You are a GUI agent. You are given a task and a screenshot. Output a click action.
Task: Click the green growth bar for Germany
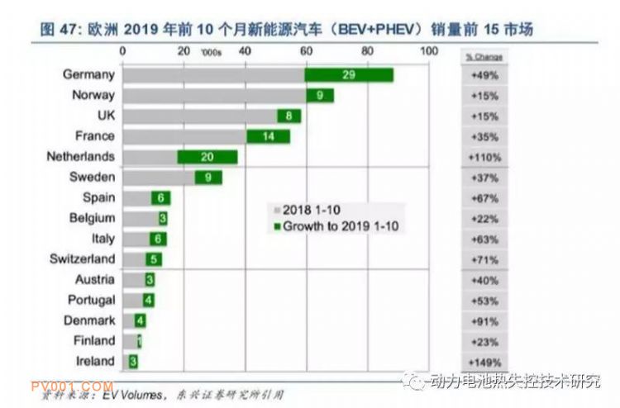click(348, 75)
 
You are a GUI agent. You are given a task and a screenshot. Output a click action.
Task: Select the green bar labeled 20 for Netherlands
click(207, 157)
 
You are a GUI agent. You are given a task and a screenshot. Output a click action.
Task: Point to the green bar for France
click(268, 136)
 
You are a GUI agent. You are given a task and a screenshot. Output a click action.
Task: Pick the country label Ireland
click(94, 361)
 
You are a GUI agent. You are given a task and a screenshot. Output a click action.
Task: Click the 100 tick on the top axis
click(428, 51)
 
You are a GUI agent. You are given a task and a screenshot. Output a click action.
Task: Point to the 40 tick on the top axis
click(245, 51)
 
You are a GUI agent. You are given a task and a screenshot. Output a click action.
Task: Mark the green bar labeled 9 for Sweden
click(207, 178)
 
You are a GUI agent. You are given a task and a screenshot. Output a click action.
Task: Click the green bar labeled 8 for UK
click(289, 116)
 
